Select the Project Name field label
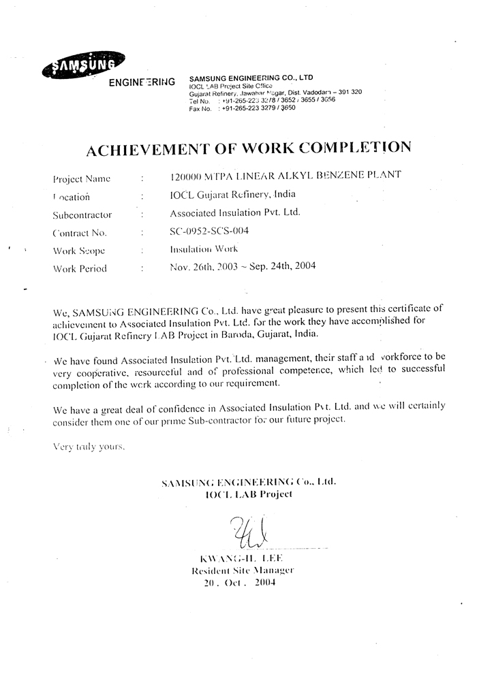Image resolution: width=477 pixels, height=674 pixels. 82,179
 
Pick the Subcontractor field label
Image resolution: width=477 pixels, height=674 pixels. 82,215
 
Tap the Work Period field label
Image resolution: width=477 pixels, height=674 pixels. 80,268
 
